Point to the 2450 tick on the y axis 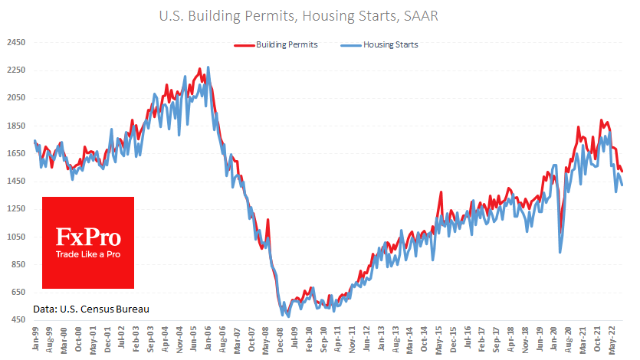coord(16,43)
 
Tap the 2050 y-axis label coord(16,98)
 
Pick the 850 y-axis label coord(16,265)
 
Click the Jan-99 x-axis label coord(35,341)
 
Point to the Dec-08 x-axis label coord(282,341)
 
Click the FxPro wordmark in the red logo coord(88,234)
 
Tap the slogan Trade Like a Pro coord(88,254)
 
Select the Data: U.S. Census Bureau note coord(90,309)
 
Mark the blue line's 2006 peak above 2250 coord(208,67)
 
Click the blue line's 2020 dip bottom coord(560,252)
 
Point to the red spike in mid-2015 coord(441,193)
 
